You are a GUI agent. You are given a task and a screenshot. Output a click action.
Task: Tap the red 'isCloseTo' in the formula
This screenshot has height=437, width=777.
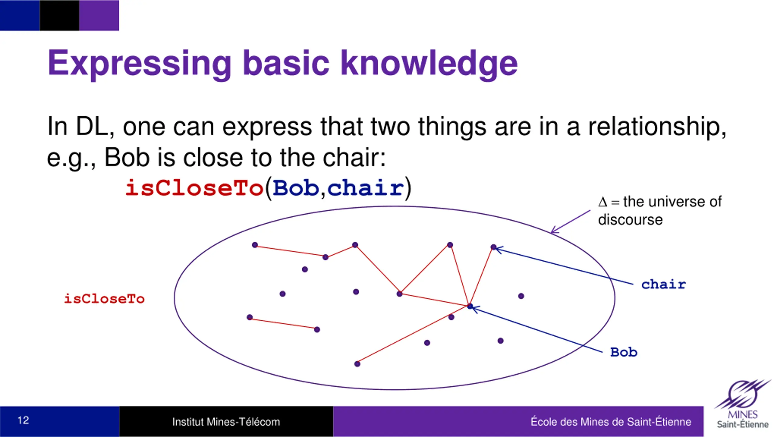tap(194, 188)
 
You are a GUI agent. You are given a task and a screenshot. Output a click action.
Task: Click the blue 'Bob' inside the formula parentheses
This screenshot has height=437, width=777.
tap(296, 188)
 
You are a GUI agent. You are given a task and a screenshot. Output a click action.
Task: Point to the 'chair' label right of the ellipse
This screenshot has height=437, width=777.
tap(663, 284)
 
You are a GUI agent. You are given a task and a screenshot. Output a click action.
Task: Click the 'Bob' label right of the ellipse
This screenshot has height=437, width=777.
tap(624, 352)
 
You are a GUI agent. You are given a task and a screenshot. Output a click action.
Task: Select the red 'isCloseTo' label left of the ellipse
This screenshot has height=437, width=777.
tap(104, 299)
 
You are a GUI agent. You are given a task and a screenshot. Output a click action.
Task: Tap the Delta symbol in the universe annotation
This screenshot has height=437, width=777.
tap(603, 202)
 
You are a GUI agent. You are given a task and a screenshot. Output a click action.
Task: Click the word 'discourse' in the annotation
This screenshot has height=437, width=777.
tap(630, 220)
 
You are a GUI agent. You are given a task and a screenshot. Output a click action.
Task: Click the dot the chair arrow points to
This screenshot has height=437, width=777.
tap(494, 247)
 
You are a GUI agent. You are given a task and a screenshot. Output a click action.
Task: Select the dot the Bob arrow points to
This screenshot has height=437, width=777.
tap(470, 307)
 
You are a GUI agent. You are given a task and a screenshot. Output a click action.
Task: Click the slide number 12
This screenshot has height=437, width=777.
tap(23, 420)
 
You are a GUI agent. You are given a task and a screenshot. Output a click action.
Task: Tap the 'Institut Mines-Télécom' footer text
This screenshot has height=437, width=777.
tap(226, 422)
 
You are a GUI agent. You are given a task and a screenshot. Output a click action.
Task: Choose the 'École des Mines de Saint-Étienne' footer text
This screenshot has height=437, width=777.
tap(611, 422)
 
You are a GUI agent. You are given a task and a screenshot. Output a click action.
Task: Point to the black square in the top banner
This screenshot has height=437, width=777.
tap(59, 15)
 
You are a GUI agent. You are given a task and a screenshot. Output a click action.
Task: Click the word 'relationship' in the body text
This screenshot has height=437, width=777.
tap(657, 127)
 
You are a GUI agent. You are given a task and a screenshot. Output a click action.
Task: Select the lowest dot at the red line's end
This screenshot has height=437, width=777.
tap(357, 364)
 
